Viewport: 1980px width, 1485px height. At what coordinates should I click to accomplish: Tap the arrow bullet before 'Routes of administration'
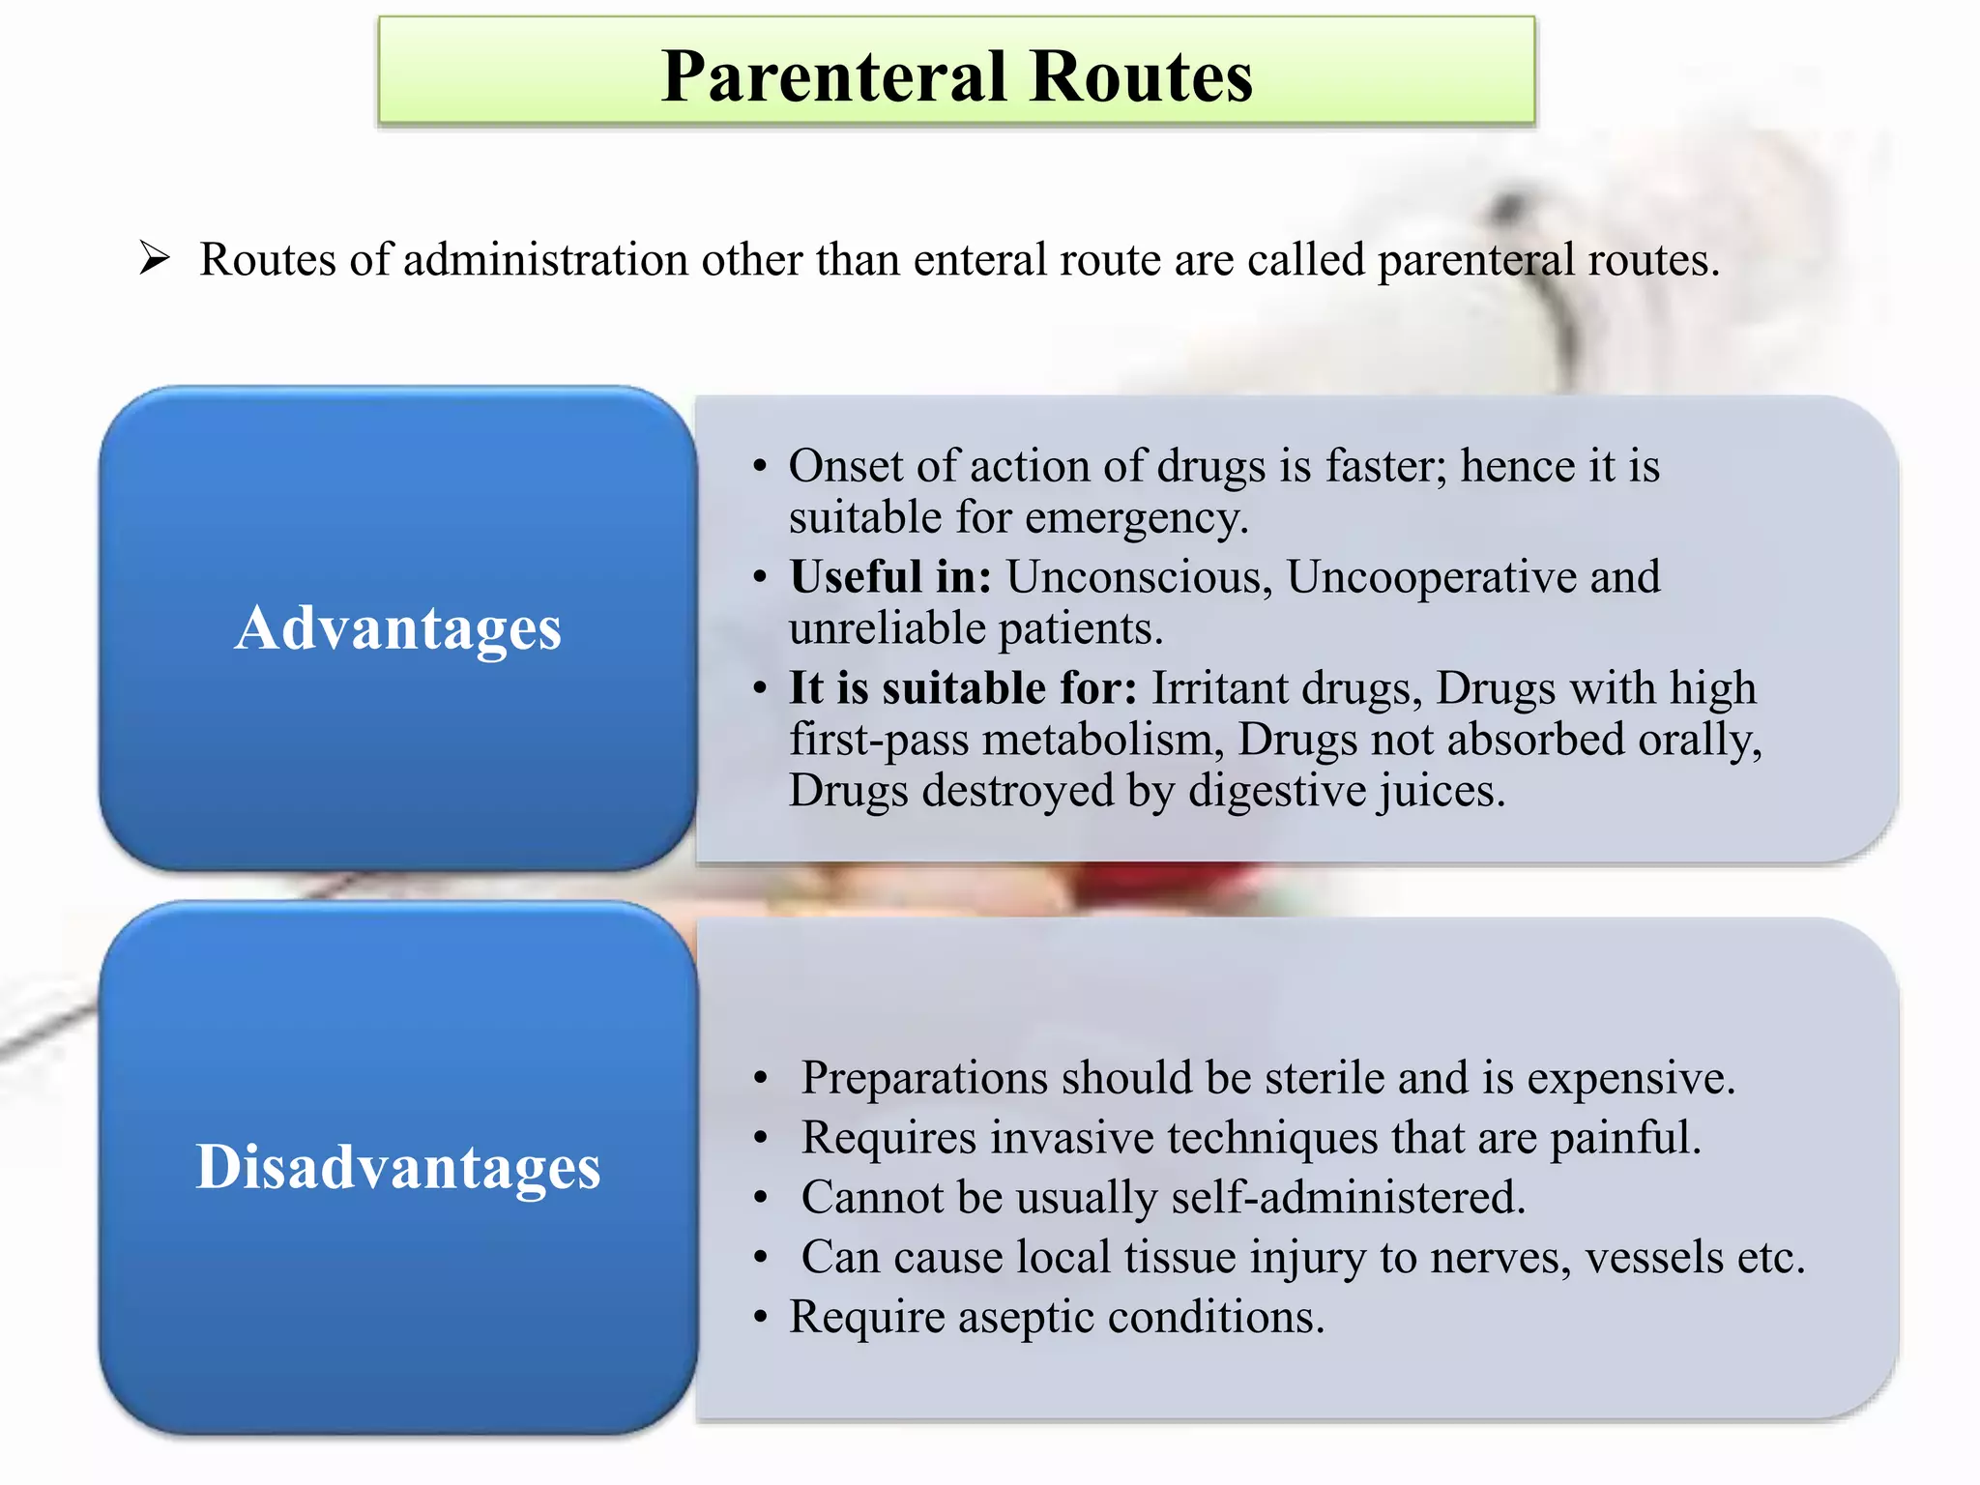(x=154, y=258)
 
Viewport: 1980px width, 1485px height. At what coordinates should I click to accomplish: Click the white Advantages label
(x=397, y=628)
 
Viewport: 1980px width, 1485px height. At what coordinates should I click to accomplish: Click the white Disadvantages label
(x=397, y=1166)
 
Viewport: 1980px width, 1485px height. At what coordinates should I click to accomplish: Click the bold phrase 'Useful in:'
(x=890, y=577)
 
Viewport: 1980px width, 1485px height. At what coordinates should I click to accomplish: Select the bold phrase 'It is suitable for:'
(x=963, y=688)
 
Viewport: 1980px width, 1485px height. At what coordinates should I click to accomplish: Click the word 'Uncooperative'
(x=1431, y=577)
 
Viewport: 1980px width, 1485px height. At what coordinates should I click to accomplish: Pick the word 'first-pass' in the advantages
(x=878, y=741)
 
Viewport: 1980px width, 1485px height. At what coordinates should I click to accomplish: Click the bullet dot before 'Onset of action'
(x=761, y=467)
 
